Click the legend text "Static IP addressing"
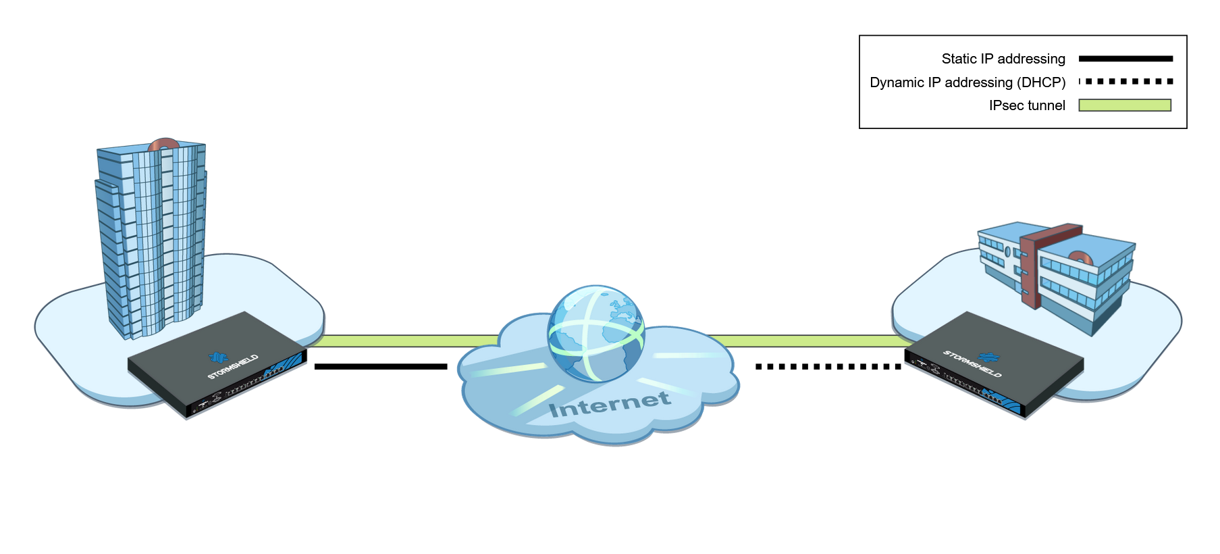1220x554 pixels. (x=1003, y=59)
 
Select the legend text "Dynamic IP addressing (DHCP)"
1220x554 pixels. (x=967, y=82)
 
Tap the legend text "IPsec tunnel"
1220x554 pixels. (x=1026, y=105)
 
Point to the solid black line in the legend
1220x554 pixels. (x=1125, y=59)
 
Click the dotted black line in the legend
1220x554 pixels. (x=1125, y=82)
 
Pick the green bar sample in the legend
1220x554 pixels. (x=1125, y=105)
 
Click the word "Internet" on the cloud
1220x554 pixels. (x=610, y=405)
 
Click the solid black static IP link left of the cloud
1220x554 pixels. (x=380, y=367)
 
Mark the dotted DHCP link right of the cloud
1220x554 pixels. (x=828, y=367)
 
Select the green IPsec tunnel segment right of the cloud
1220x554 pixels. (x=810, y=341)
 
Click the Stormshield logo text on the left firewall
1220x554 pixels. (x=232, y=367)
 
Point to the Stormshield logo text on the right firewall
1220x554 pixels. (x=972, y=363)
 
